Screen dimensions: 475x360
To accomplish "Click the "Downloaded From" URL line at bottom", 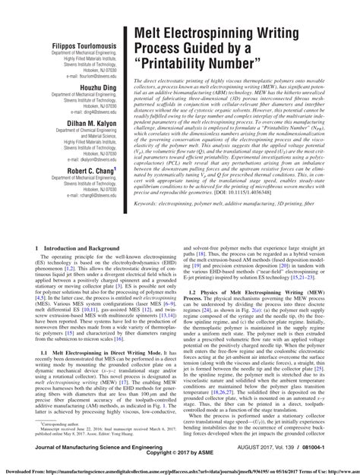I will [x=180, y=470].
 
